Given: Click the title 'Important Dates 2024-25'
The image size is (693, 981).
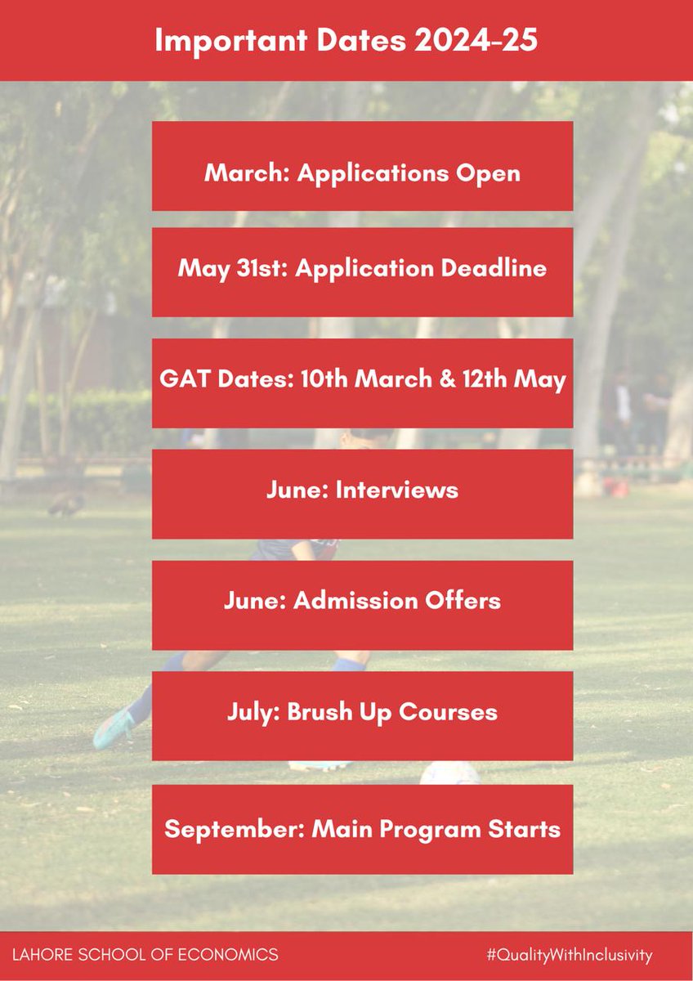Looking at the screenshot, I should click(346, 40).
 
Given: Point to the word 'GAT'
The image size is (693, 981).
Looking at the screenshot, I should click(181, 380).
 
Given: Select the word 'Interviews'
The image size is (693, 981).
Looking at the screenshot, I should click(396, 490).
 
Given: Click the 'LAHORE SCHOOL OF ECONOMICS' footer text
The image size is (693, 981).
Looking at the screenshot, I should click(145, 954).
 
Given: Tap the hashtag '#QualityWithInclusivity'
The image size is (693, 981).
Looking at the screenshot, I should click(569, 954).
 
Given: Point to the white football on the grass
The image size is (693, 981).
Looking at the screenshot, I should click(449, 773).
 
